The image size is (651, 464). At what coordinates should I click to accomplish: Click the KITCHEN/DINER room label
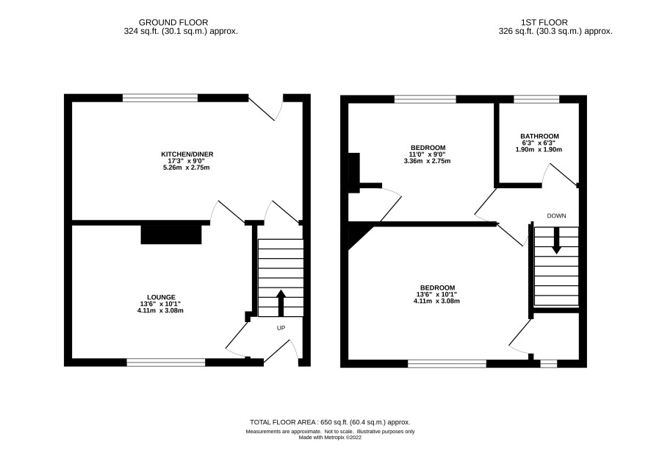pos(187,154)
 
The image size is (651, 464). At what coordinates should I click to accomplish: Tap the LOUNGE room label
pos(161,297)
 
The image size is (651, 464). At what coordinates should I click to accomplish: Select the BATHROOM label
pos(539,136)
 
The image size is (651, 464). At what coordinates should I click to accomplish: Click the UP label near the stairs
pos(281,328)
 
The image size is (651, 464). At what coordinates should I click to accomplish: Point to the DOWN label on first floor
pos(556,215)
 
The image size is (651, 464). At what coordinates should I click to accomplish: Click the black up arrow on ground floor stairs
pos(281,303)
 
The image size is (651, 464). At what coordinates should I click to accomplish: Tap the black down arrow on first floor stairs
pos(556,240)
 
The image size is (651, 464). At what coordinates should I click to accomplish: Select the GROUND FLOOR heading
pos(173,23)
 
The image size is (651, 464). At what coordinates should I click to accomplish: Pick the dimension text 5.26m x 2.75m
pos(186,168)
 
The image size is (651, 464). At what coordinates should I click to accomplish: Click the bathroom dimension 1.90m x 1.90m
pos(539,149)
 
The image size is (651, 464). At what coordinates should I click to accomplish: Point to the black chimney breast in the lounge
pos(171,235)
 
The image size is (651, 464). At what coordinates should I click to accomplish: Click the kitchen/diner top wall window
pos(160,98)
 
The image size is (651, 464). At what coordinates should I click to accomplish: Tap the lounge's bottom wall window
pos(166,363)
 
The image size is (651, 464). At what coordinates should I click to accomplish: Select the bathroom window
pos(536,99)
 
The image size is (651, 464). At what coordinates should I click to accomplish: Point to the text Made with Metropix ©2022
pos(330,438)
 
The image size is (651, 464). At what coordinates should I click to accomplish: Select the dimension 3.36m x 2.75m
pos(427,161)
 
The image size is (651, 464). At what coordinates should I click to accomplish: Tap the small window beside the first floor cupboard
pos(548,364)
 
